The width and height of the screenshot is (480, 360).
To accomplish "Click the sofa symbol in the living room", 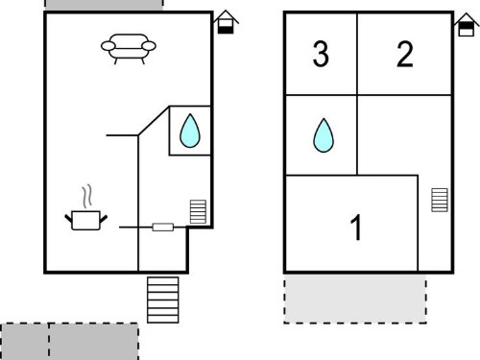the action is coord(129,49).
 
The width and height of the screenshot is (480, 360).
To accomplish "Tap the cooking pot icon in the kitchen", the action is coord(85,220).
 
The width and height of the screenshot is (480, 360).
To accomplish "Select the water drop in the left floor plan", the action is coord(190,131).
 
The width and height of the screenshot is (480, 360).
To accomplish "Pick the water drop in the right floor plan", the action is coord(324,135).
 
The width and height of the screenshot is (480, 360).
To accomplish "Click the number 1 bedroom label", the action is coord(356,228).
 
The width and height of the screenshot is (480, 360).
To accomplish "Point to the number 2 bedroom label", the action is coord(405,54).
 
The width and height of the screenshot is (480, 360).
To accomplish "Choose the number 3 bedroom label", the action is coord(321,54).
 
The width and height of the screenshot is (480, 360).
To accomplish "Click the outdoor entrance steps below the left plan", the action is coord(163,300).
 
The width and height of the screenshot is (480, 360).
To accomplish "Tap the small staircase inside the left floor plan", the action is coord(198,211).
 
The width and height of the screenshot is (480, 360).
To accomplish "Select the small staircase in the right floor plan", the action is coord(440,200).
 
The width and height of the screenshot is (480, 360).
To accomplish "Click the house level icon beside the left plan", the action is coord(226,22).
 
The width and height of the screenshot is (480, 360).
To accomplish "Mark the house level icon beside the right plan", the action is coord(467,25).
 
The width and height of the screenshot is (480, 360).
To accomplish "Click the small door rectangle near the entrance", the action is coord(163,228).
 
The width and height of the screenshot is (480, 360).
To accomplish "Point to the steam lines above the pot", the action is coord(87,196).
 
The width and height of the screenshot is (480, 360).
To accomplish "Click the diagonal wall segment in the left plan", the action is coord(154,121).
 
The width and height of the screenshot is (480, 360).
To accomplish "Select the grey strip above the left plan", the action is coord(104,5).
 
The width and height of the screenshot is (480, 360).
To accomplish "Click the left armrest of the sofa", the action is coord(108,46).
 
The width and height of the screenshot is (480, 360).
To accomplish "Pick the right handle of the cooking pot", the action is coord(104,219).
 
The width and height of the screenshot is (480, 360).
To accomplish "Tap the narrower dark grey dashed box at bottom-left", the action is coord(25,342).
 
